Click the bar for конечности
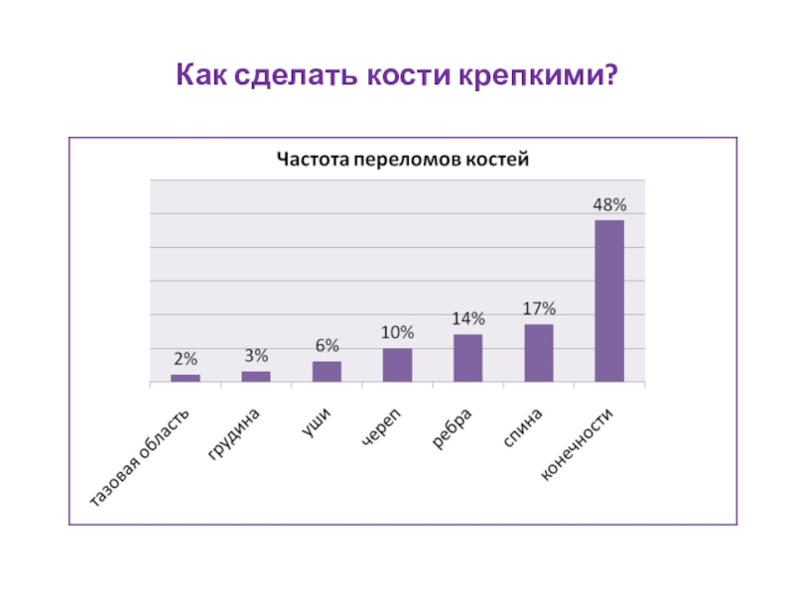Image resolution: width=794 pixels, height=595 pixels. point(609,300)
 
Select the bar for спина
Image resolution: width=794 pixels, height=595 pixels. point(539,353)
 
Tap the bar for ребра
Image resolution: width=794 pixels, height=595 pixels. point(468,358)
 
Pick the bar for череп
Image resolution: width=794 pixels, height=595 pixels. point(397,365)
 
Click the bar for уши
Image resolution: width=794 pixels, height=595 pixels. point(327,371)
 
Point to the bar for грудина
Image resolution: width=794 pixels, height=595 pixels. point(256,376)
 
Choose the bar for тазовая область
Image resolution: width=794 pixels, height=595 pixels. point(186,378)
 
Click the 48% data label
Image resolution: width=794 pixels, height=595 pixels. point(609,205)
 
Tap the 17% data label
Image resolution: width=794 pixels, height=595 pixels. point(539,309)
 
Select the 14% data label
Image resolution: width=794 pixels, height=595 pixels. point(468,319)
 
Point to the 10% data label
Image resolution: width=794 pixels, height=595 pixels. point(397,333)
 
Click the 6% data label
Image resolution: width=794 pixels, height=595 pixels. point(327,346)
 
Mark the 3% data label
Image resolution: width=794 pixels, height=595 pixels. point(256,356)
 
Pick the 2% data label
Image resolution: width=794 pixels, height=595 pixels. point(186,359)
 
